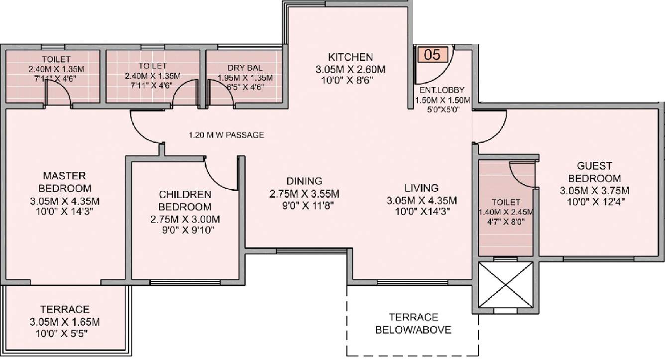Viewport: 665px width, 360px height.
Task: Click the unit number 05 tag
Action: point(433,54)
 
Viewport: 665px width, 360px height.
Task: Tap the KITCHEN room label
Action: point(350,56)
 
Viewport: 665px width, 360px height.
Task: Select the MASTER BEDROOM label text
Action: point(65,182)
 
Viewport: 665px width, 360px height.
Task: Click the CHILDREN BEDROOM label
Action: point(185,200)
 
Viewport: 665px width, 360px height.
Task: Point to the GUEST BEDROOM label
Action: point(594,172)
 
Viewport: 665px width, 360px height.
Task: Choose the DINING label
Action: point(304,181)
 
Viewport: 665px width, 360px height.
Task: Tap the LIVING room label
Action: point(421,188)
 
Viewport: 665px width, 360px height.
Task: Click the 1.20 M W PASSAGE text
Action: point(226,135)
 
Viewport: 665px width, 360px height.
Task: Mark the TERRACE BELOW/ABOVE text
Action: point(414,323)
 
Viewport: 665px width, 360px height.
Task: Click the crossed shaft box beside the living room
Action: point(505,285)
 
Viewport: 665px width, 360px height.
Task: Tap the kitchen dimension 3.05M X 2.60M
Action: point(350,69)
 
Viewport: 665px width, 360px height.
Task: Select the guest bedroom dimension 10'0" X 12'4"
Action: point(594,202)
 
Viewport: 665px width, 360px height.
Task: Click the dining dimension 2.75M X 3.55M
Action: point(304,193)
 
